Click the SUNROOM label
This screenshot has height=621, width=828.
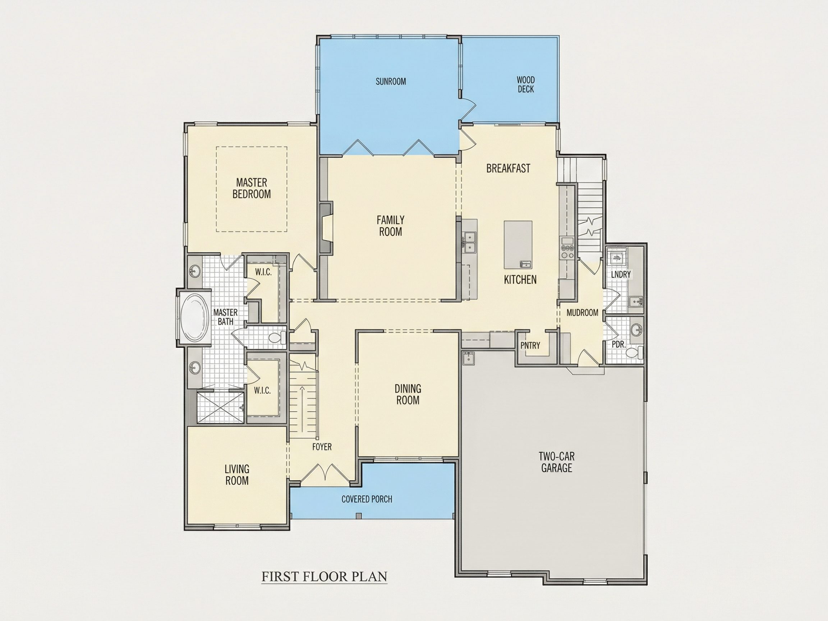click(391, 82)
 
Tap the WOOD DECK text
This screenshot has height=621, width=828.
click(525, 84)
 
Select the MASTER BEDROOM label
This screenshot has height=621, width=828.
click(252, 188)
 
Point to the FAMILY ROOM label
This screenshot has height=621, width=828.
click(390, 226)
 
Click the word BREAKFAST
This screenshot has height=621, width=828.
click(508, 169)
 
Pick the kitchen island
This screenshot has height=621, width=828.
click(518, 245)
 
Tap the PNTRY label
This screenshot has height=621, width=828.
click(530, 345)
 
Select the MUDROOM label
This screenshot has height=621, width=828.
click(582, 313)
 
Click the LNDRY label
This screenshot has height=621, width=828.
click(621, 274)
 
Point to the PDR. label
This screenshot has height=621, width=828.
click(619, 345)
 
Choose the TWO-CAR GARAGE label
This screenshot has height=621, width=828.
click(557, 462)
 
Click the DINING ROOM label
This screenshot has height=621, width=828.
click(408, 394)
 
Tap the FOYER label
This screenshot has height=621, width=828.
click(322, 447)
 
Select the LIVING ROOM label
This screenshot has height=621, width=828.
click(237, 475)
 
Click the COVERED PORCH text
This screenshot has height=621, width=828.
click(367, 499)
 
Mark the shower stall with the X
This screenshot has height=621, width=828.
click(220, 407)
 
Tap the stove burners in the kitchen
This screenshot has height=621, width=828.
click(567, 251)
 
